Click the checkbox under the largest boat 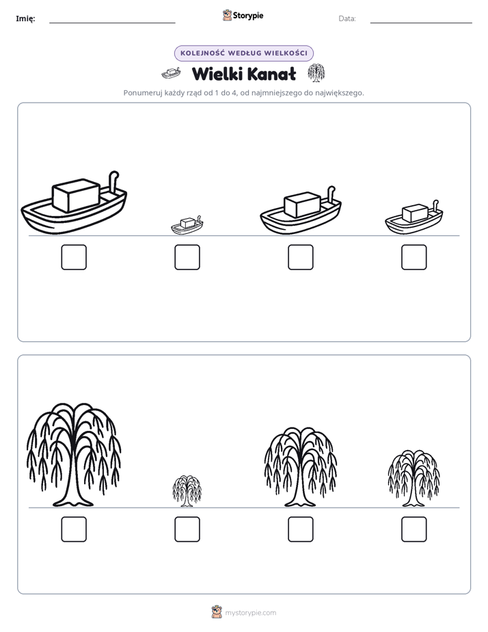coord(74,257)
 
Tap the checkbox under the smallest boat coord(187,257)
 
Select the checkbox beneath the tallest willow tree coord(74,529)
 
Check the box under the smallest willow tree coord(187,529)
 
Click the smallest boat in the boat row coord(187,225)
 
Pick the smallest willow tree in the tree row coord(187,491)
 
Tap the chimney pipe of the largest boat coord(113,181)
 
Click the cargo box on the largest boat coord(76,196)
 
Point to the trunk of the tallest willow coord(73,484)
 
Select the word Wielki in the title coord(216,74)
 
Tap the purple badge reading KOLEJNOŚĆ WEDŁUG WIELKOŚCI coord(243,53)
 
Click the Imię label coord(25,18)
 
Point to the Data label coord(347,18)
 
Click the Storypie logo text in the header coord(248,16)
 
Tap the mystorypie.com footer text coord(250,613)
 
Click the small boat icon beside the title coord(171,73)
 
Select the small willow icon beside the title coord(316,73)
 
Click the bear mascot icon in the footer coord(217,612)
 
